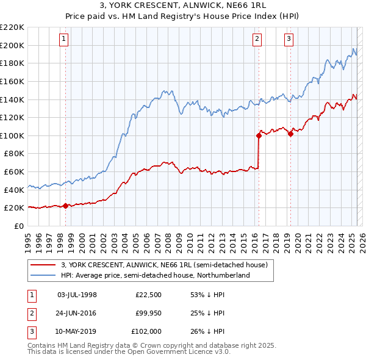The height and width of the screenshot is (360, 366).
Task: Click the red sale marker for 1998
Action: [x=65, y=206]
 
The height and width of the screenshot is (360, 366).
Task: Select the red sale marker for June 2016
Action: [x=259, y=136]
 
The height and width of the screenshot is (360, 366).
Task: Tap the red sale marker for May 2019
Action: [x=290, y=134]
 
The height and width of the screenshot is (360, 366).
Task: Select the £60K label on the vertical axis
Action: [x=15, y=172]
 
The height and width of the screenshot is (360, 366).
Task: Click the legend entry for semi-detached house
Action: [x=164, y=265]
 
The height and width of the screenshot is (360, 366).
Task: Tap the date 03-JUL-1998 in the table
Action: [x=77, y=295]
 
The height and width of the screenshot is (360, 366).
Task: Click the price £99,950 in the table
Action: [x=148, y=314]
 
